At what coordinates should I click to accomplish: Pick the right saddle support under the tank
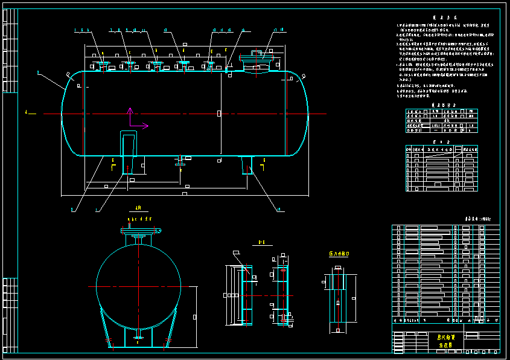coord(247,164)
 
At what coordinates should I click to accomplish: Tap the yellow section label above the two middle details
coord(263,242)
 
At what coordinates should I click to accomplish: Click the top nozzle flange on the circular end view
coord(138,230)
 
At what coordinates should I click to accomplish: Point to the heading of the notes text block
coord(442,18)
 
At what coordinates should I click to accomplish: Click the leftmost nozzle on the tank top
coord(101,65)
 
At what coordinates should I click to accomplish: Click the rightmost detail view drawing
coord(338,302)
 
